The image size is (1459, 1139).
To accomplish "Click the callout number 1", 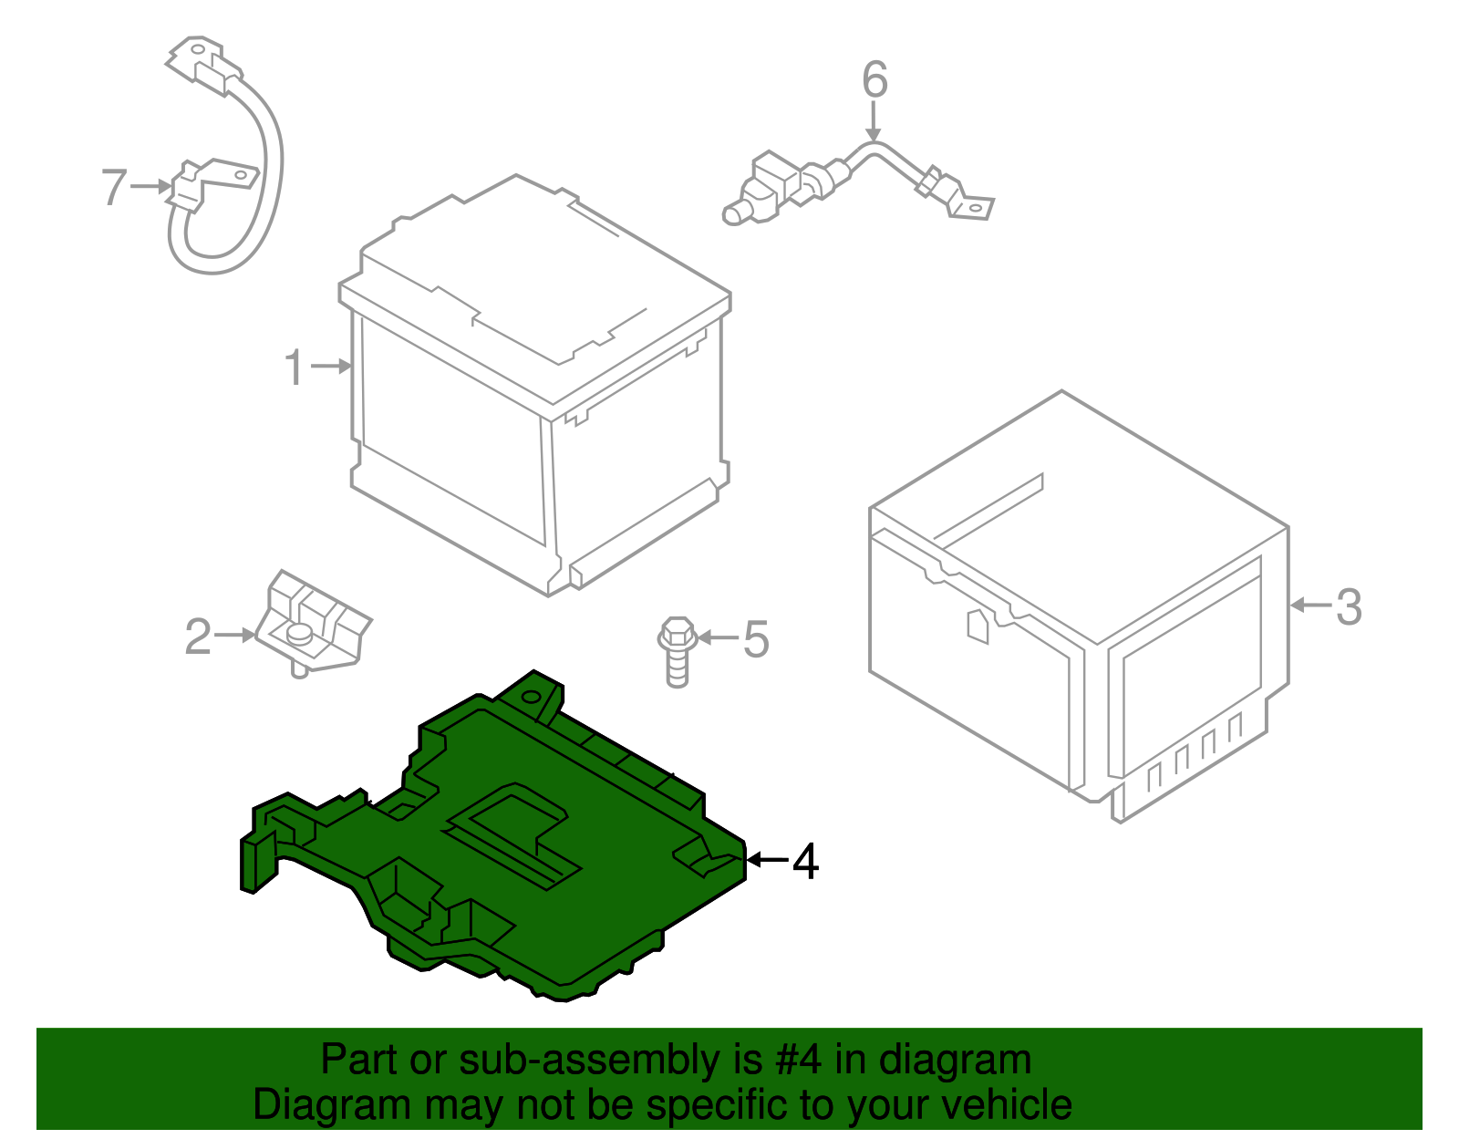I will click(294, 368).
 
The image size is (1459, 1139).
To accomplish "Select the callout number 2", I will click(198, 637).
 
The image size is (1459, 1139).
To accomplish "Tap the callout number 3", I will click(1349, 606).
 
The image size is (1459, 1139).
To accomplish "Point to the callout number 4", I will click(805, 861).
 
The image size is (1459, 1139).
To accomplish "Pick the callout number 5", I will click(756, 639).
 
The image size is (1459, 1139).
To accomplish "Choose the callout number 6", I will click(874, 80).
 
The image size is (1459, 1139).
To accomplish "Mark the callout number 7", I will click(113, 187).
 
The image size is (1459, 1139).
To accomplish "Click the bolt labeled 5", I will click(677, 648).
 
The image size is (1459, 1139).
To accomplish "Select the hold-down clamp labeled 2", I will click(312, 621).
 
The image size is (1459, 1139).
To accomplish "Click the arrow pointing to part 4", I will click(767, 860).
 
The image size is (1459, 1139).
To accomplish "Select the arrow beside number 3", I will click(1310, 606).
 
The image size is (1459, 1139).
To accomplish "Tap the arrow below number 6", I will click(874, 121).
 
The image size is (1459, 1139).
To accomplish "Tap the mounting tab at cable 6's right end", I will click(972, 207).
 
